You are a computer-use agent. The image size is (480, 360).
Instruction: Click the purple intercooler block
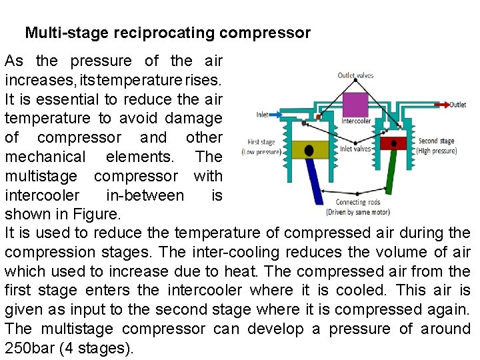click(355, 105)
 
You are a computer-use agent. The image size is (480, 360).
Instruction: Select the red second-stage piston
click(394, 143)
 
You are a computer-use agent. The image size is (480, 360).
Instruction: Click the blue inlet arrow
click(280, 115)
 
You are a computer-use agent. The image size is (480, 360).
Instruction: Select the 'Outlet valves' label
click(355, 75)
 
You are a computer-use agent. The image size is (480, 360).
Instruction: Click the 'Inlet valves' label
click(355, 149)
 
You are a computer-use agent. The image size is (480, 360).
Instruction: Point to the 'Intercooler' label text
click(355, 121)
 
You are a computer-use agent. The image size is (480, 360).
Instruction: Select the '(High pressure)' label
click(437, 151)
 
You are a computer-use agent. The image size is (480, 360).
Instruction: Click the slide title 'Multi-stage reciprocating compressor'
click(167, 33)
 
